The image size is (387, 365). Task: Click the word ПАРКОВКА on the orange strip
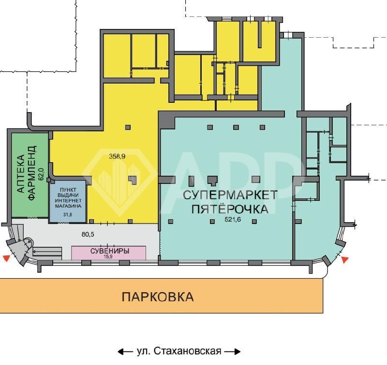tap(158, 296)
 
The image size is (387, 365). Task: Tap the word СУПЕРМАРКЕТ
tap(230, 195)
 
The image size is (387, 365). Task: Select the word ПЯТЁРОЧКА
tap(230, 209)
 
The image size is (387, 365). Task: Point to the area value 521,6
tap(233, 220)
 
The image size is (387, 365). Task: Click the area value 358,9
tap(117, 156)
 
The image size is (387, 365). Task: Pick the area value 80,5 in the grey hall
tap(88, 234)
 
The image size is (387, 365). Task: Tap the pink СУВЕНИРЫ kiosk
tap(108, 253)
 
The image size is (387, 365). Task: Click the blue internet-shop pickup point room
tap(67, 201)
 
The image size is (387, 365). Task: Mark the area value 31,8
tap(68, 214)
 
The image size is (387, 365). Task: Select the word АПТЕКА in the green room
tap(21, 173)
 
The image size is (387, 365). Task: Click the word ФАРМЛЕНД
tap(32, 173)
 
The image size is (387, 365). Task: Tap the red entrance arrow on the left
tap(6, 258)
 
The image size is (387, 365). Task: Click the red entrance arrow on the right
tap(345, 260)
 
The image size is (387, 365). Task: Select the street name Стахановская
tap(188, 351)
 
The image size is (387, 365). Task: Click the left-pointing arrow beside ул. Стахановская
tap(126, 351)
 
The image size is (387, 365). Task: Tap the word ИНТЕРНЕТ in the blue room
tap(68, 200)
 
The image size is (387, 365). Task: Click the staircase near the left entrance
tap(47, 251)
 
